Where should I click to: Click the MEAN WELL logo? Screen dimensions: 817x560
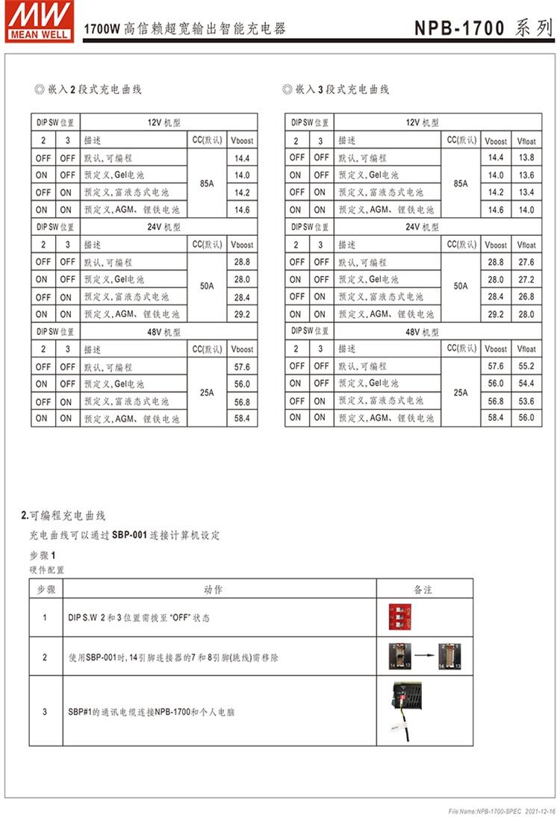37,21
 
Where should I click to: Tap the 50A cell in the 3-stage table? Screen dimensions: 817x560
461,287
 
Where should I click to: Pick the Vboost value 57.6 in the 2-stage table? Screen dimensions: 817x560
242,367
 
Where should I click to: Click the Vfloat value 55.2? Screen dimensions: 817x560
526,366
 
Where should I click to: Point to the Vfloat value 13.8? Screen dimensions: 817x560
526,158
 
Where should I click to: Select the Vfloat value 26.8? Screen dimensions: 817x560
526,297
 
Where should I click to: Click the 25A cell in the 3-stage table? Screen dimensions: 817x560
461,392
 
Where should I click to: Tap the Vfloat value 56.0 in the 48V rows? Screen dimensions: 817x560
526,418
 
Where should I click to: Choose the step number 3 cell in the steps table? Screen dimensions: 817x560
44,712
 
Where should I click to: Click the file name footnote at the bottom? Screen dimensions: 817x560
502,810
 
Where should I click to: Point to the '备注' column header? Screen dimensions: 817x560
423,589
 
